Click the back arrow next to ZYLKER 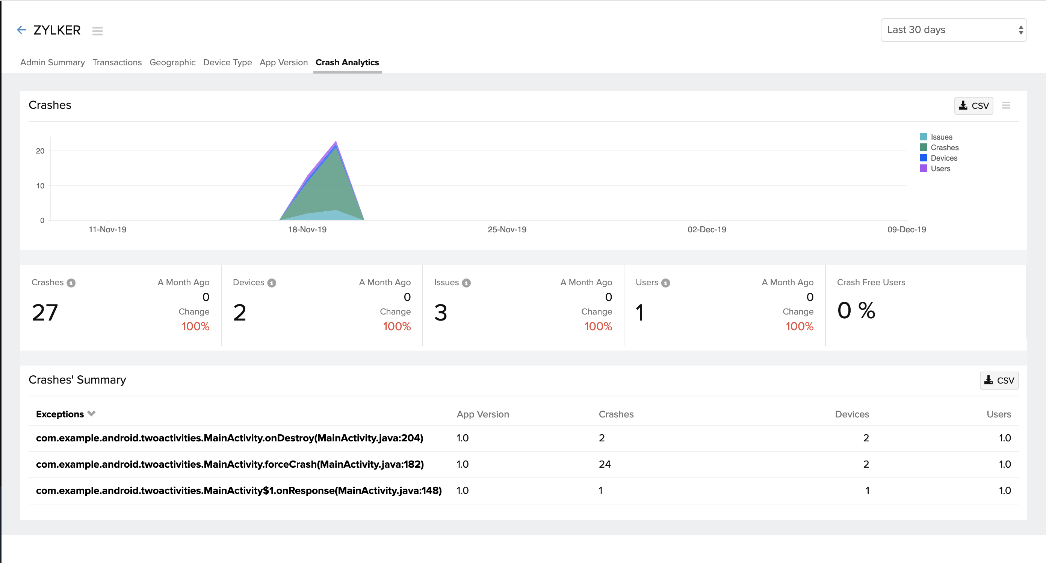(21, 30)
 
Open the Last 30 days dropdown (953, 30)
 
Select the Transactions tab (117, 62)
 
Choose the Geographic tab (172, 62)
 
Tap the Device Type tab (227, 62)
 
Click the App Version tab (283, 62)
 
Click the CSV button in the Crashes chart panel (973, 106)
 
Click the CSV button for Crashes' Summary (999, 381)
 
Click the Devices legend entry (943, 158)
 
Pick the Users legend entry (940, 169)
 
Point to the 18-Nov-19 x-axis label (307, 230)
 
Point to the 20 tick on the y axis (40, 151)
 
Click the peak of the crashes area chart (336, 143)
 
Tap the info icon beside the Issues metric (466, 283)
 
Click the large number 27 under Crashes (45, 313)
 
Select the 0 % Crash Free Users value (856, 311)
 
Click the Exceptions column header (60, 414)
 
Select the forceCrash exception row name (230, 464)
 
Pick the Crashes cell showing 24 (604, 464)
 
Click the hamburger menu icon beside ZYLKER (97, 31)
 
